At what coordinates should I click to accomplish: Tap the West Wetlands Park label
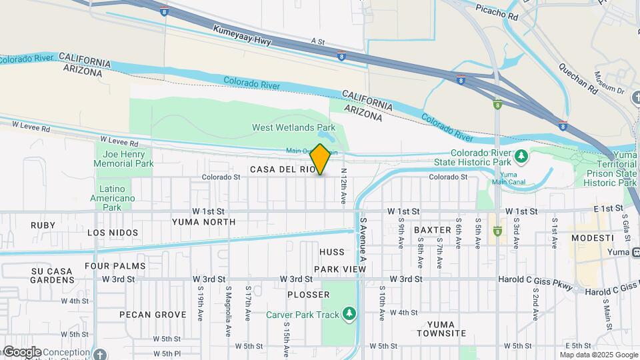[293, 127]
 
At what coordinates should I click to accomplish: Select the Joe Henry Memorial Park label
[123, 159]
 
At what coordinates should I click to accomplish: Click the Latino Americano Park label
[113, 193]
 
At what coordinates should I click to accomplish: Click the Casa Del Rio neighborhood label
[283, 170]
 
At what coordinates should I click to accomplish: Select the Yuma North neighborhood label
[203, 222]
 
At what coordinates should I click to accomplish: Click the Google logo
[22, 352]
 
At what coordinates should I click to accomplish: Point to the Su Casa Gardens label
[53, 276]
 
